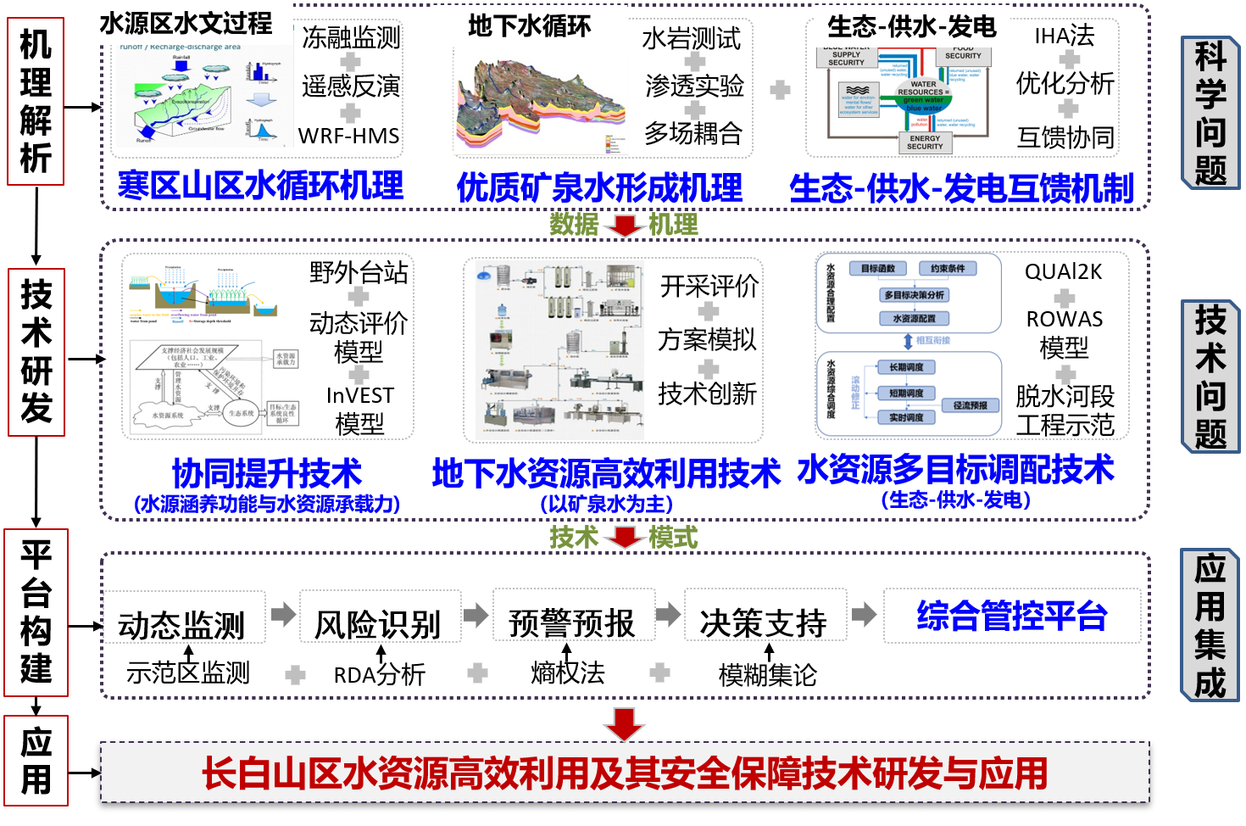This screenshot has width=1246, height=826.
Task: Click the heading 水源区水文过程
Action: coord(186,24)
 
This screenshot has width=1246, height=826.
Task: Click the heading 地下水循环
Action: coord(529,26)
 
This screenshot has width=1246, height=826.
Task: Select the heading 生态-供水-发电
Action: coord(911,26)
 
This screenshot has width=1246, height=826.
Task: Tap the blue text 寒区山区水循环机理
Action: coord(260,185)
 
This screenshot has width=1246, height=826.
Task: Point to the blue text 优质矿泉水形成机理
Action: coord(599,187)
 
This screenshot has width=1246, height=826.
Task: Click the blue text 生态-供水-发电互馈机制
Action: coord(961,188)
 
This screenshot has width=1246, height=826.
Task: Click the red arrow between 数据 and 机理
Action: coord(625,226)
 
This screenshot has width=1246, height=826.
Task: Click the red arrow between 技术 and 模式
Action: coord(625,538)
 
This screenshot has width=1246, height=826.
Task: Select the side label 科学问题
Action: coord(1210,113)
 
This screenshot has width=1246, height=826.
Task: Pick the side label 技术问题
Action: coord(1210,377)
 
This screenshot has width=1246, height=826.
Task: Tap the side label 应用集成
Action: coord(1210,625)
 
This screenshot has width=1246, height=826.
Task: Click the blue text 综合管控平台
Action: coord(1012,616)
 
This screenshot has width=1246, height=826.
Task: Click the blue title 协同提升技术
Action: coord(267,472)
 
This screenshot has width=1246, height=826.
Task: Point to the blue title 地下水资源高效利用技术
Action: coord(606,473)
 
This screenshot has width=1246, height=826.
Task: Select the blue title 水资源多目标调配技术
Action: coord(955,469)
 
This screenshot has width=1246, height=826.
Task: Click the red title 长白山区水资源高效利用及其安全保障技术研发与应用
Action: coord(625,773)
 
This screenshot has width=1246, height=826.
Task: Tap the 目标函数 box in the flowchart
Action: coord(877,269)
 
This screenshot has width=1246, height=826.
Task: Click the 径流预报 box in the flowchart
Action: coord(970,405)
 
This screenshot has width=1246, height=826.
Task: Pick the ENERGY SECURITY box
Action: coord(925,142)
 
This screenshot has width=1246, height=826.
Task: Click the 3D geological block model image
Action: coord(541,107)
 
